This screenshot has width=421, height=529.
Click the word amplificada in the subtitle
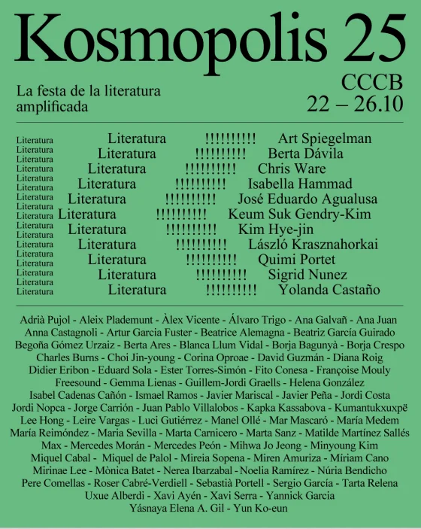click(52, 107)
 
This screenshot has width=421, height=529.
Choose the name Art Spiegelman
click(325, 138)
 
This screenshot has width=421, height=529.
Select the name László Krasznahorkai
click(313, 245)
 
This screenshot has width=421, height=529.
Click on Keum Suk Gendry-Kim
click(309, 214)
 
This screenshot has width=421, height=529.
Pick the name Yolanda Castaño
click(329, 290)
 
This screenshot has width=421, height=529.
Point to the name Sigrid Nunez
click(307, 275)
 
